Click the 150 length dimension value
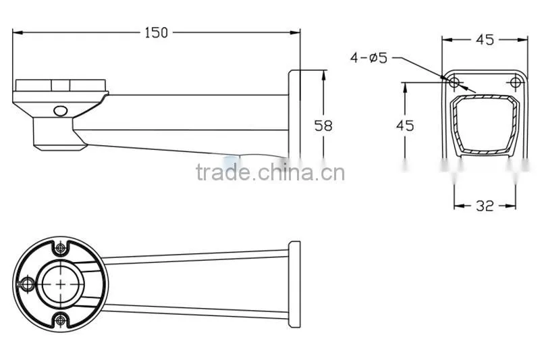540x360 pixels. click(156, 32)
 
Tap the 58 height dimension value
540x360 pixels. click(323, 126)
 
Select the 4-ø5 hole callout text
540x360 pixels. click(369, 57)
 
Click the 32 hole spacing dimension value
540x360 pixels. click(485, 206)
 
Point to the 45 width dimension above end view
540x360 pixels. click(485, 40)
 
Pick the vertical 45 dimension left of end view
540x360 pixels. click(405, 126)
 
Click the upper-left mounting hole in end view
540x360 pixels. click(454, 82)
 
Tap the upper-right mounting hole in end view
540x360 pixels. click(515, 82)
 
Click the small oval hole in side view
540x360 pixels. click(61, 111)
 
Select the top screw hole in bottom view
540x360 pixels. click(61, 247)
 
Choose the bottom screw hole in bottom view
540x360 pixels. click(61, 320)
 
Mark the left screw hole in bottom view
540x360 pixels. click(27, 284)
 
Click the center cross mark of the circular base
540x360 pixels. click(61, 284)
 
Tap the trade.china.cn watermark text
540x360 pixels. click(271, 172)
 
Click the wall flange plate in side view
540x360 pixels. click(294, 113)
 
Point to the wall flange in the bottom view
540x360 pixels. click(294, 284)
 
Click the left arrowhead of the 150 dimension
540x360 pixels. click(18, 32)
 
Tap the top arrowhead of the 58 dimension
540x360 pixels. click(323, 75)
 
